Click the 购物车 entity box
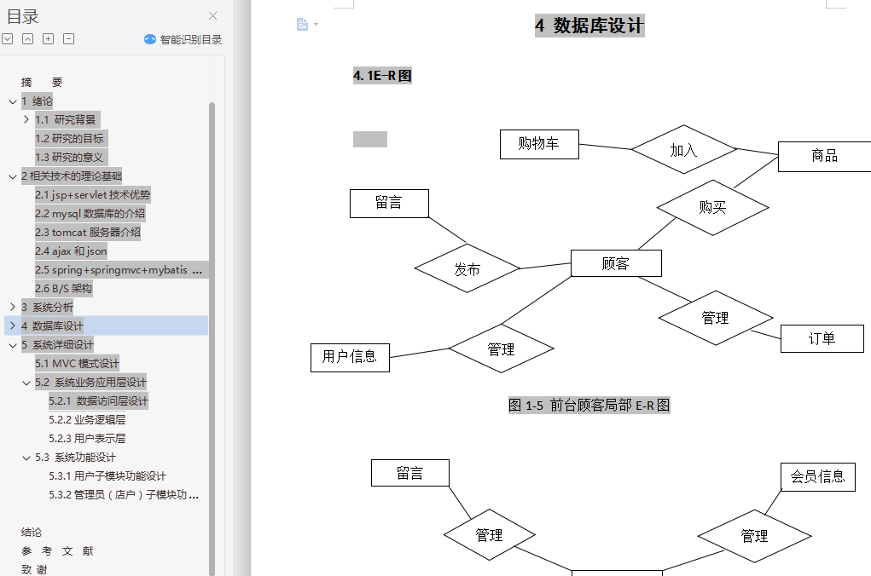[539, 144]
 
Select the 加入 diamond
[683, 150]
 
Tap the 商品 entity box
[824, 156]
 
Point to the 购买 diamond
[712, 206]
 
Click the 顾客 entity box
[616, 263]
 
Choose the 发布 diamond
[467, 269]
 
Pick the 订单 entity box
[822, 338]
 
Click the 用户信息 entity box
[350, 357]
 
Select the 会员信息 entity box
[818, 476]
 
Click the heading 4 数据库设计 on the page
[589, 26]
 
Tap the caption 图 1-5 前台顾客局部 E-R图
[589, 406]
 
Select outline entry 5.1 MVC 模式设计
[78, 364]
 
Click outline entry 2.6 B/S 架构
[63, 289]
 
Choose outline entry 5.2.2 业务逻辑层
[87, 420]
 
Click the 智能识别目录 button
[183, 39]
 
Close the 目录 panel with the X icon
[213, 15]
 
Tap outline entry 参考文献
[57, 551]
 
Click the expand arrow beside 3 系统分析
[12, 308]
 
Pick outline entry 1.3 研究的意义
[69, 158]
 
